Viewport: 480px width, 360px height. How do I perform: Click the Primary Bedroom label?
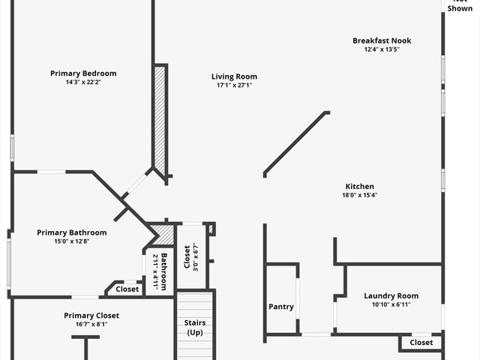point(83,73)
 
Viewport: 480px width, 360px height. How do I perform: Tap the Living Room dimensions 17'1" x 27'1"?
point(234,85)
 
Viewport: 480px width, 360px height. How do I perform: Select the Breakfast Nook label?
point(382,40)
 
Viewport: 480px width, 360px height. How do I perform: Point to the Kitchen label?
point(359,186)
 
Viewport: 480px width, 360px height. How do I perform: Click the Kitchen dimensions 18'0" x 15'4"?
point(359,195)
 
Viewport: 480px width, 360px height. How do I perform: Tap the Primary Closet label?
point(91,316)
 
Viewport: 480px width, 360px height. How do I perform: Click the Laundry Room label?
point(391,295)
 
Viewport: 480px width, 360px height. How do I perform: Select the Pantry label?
point(281,306)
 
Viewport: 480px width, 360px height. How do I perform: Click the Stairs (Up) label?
point(195,327)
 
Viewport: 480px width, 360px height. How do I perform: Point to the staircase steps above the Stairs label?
point(195,304)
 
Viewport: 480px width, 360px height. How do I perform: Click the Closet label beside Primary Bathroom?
point(127,289)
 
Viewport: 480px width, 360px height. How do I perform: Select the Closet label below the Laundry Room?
point(421,342)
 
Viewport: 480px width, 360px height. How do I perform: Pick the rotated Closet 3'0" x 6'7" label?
point(189,256)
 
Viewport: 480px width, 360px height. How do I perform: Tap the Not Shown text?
point(460,6)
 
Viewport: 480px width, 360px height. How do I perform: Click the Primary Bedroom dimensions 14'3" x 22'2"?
point(83,82)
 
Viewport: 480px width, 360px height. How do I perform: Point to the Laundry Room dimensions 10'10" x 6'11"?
point(391,304)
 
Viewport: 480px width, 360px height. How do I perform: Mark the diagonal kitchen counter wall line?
point(296,143)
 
